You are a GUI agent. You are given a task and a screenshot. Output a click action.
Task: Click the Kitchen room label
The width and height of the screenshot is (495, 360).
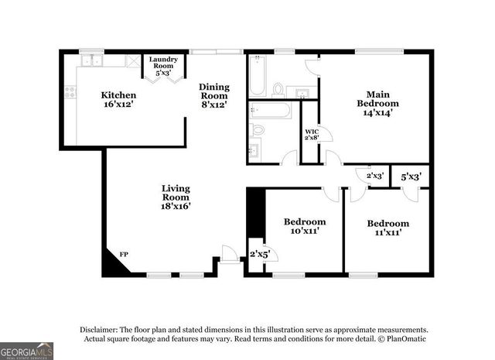pyautogui.click(x=118, y=100)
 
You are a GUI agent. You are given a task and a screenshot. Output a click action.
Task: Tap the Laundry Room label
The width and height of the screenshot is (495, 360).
pyautogui.click(x=163, y=65)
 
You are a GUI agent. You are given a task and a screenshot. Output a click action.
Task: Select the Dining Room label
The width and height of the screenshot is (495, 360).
pyautogui.click(x=213, y=96)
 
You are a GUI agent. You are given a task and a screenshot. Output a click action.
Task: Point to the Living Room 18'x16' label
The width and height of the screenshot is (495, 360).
pyautogui.click(x=176, y=197)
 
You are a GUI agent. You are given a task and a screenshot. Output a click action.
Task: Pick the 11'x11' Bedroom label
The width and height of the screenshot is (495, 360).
pyautogui.click(x=387, y=228)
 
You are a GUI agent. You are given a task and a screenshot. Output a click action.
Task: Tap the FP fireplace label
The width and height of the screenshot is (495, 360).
pyautogui.click(x=124, y=254)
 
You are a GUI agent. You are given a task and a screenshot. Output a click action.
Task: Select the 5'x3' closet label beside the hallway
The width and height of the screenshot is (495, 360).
pyautogui.click(x=409, y=176)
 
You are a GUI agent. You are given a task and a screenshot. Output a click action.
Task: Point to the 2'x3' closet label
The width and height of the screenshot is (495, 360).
pyautogui.click(x=374, y=176)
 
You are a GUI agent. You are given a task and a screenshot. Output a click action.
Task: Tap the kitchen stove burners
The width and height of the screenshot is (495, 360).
pyautogui.click(x=70, y=93)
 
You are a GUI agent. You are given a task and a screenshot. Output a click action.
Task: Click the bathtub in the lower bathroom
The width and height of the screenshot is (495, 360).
pyautogui.click(x=270, y=111)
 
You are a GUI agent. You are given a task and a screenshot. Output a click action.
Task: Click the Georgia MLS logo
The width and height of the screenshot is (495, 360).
pyautogui.click(x=27, y=351)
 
